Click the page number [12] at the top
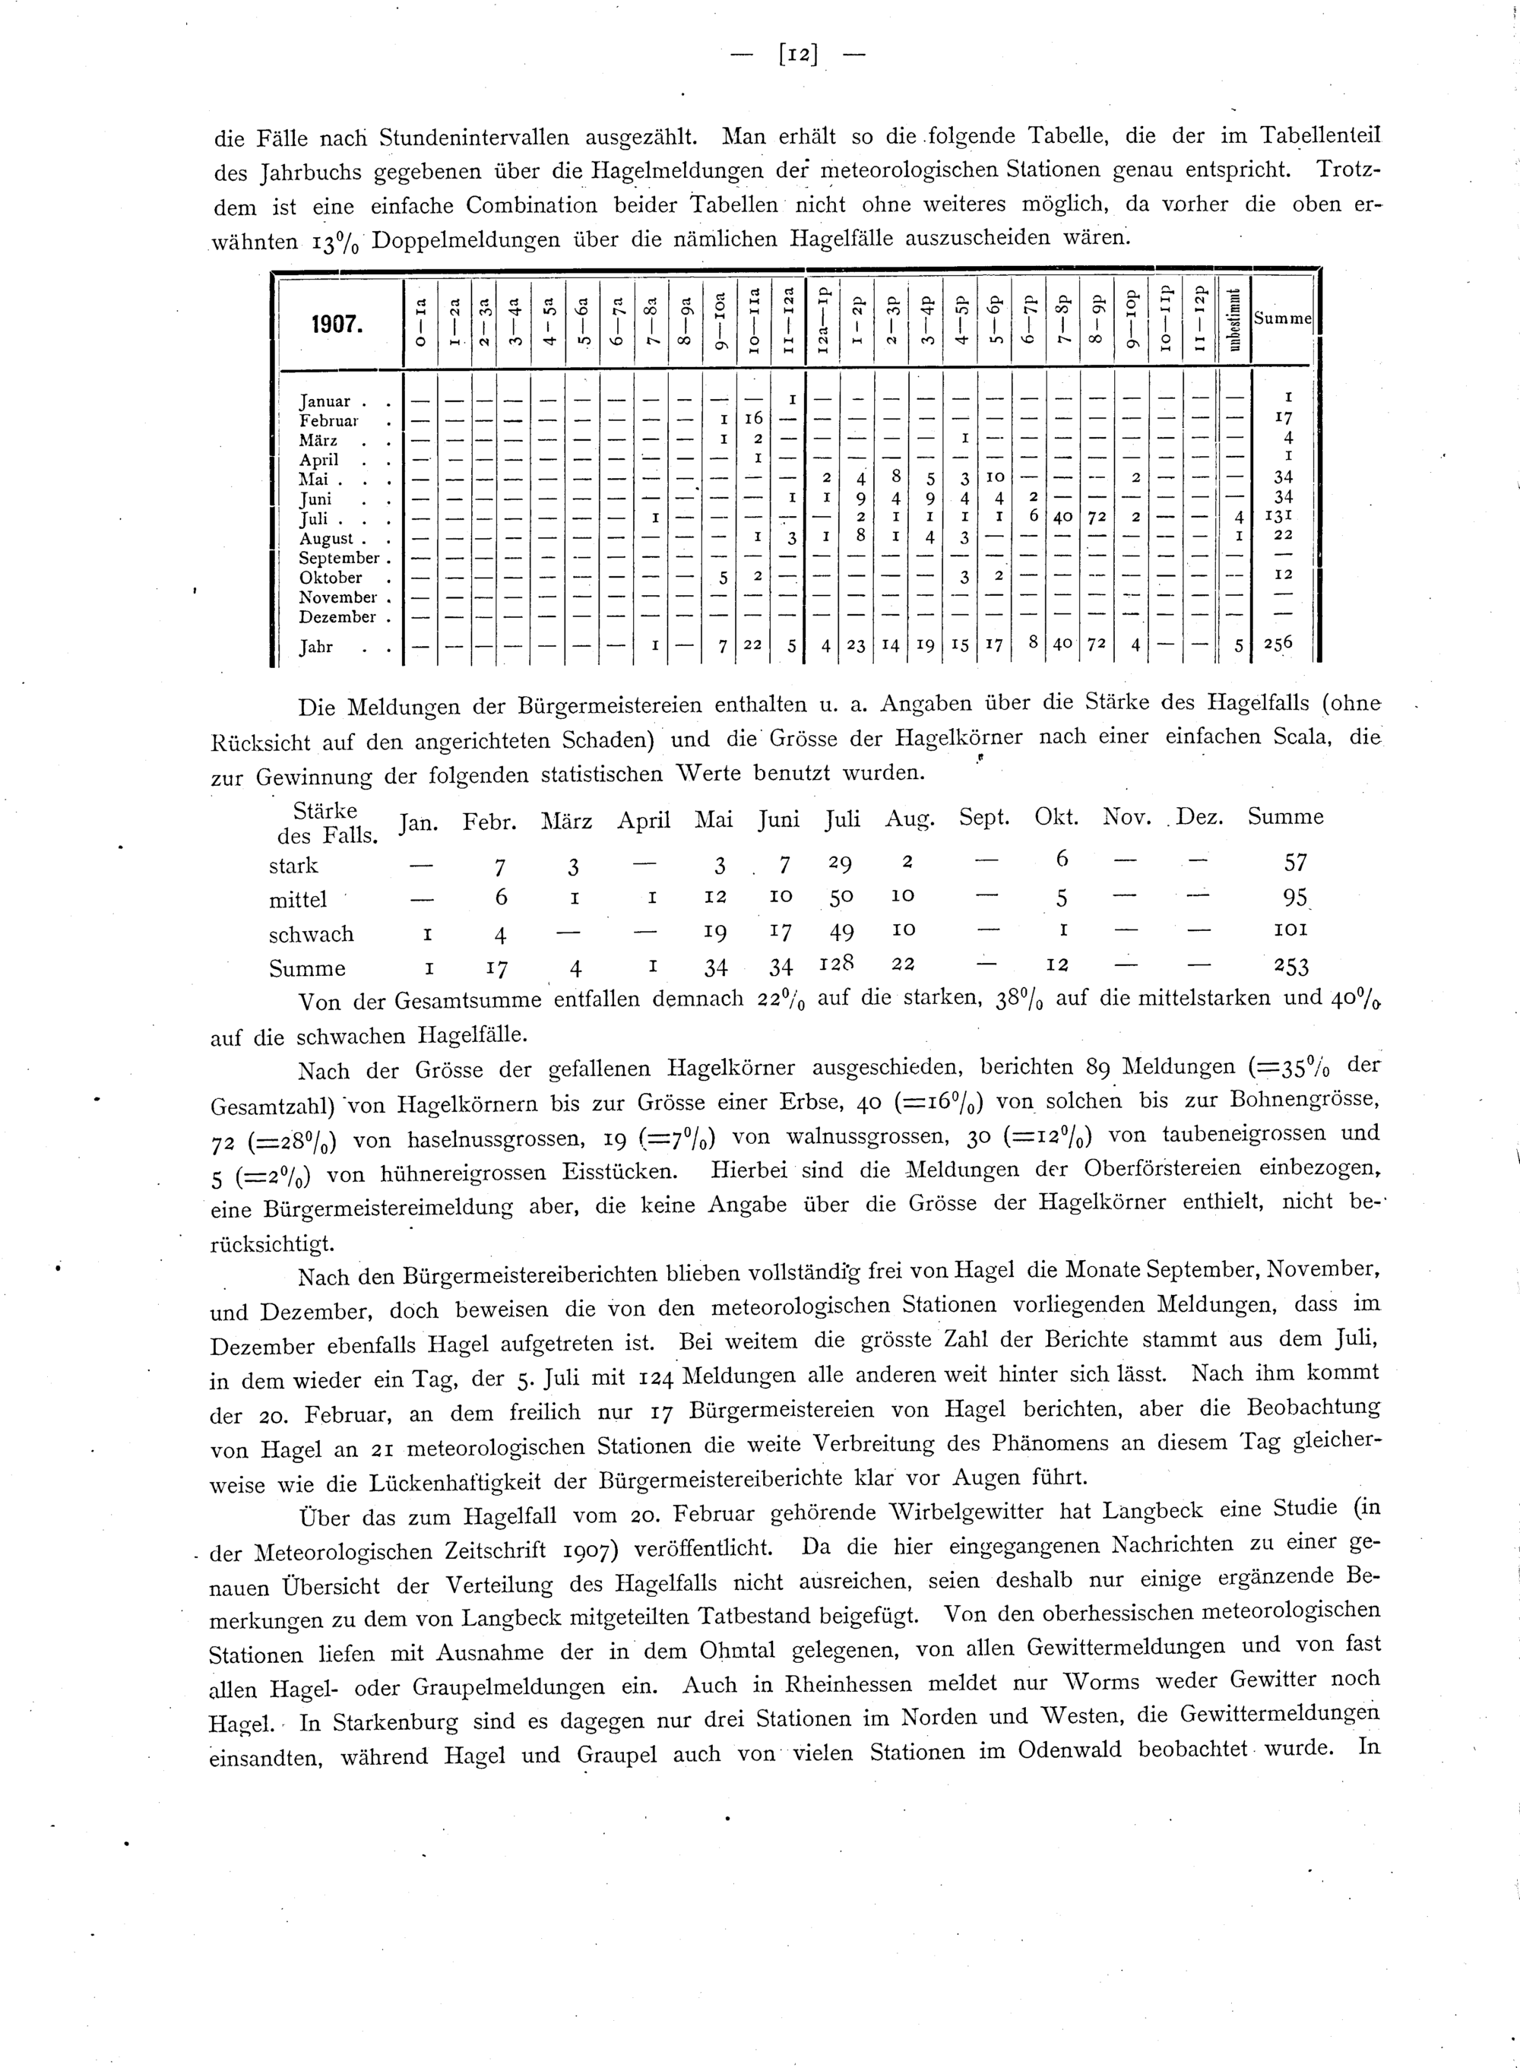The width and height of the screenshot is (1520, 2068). (x=798, y=54)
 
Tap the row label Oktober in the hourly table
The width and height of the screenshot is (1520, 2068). (x=331, y=578)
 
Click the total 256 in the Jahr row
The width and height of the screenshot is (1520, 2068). (x=1278, y=644)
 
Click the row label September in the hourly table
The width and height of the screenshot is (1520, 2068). (x=339, y=559)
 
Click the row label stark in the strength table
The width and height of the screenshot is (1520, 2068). (x=293, y=866)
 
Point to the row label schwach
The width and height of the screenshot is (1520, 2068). (x=311, y=934)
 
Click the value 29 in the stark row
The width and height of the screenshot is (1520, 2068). (x=839, y=864)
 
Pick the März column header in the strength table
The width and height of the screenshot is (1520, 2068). (x=567, y=819)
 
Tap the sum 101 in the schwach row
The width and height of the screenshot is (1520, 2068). (x=1288, y=930)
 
